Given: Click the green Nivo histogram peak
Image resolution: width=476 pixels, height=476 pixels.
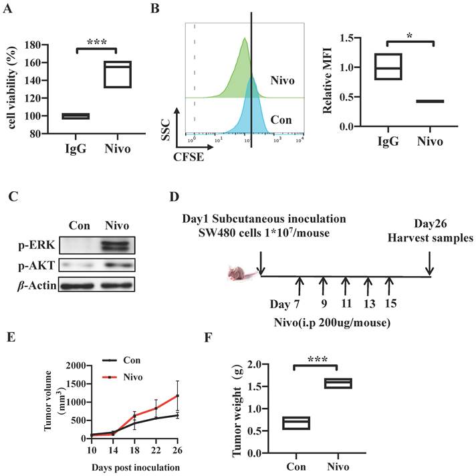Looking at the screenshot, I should point(245,43).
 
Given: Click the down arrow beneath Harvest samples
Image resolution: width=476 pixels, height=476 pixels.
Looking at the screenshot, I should point(429,263).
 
